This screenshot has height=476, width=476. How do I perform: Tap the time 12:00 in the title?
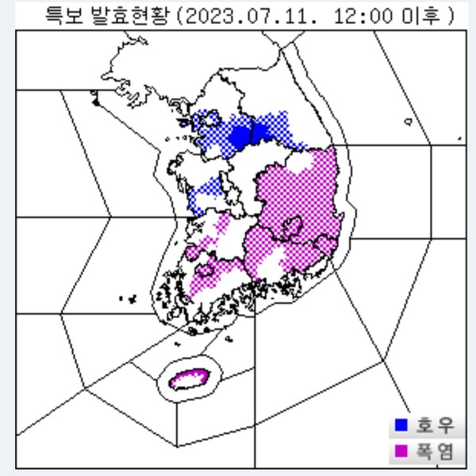tap(354, 16)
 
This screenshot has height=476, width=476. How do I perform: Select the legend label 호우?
tap(436, 425)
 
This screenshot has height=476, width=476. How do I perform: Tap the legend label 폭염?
tap(436, 451)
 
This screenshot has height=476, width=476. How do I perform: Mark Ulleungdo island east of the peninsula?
tap(407, 122)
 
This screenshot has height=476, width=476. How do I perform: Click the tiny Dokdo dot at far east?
tap(459, 139)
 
